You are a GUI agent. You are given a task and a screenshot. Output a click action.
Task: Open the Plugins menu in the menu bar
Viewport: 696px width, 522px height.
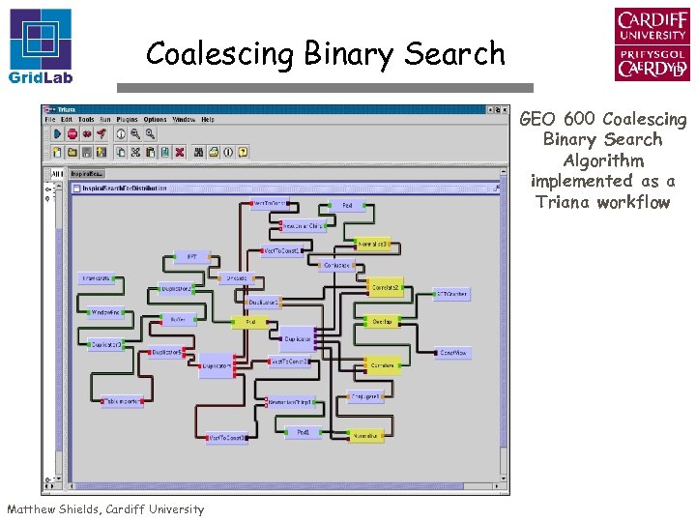[x=128, y=119]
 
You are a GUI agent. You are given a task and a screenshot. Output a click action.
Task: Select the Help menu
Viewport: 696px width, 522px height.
[x=208, y=119]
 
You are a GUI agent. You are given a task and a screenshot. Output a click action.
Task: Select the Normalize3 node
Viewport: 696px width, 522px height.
[x=373, y=245]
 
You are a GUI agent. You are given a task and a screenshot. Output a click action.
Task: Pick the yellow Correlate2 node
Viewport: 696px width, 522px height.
[x=387, y=288]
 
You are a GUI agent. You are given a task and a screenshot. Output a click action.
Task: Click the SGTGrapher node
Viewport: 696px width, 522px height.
[x=451, y=294]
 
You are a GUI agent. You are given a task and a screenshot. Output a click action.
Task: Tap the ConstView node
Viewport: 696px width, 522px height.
[x=452, y=353]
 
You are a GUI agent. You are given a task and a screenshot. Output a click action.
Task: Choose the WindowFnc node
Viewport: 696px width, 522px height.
[x=106, y=312]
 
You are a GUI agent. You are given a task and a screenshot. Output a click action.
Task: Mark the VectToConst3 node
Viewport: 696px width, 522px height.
[x=288, y=362]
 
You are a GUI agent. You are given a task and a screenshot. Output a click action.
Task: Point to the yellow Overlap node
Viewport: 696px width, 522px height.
[x=381, y=322]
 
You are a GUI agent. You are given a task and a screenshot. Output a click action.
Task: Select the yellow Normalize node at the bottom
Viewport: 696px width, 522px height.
[x=363, y=437]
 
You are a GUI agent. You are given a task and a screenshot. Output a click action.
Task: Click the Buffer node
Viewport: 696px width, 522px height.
[x=178, y=319]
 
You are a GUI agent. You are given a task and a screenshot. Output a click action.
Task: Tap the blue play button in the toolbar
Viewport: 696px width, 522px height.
[x=58, y=134]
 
